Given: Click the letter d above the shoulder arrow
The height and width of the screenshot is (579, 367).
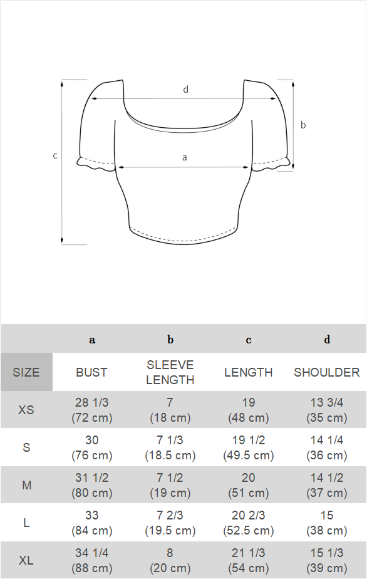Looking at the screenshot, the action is (x=186, y=90).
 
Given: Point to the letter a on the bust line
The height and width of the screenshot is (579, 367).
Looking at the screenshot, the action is (x=185, y=158).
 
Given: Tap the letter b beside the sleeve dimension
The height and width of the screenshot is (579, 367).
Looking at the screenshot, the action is (x=303, y=125).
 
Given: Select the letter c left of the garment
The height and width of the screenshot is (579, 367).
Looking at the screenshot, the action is (x=55, y=156).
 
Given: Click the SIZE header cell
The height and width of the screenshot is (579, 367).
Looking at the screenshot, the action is (x=26, y=372).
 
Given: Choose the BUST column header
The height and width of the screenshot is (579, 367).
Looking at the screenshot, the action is (x=91, y=372).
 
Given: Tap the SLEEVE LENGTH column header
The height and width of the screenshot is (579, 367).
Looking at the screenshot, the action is (x=170, y=372).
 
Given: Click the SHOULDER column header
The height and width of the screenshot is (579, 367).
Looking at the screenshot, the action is (x=327, y=372).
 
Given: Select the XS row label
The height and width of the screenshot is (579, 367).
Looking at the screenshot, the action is (x=26, y=410).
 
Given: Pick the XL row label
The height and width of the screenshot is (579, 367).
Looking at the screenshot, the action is (x=26, y=561).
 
